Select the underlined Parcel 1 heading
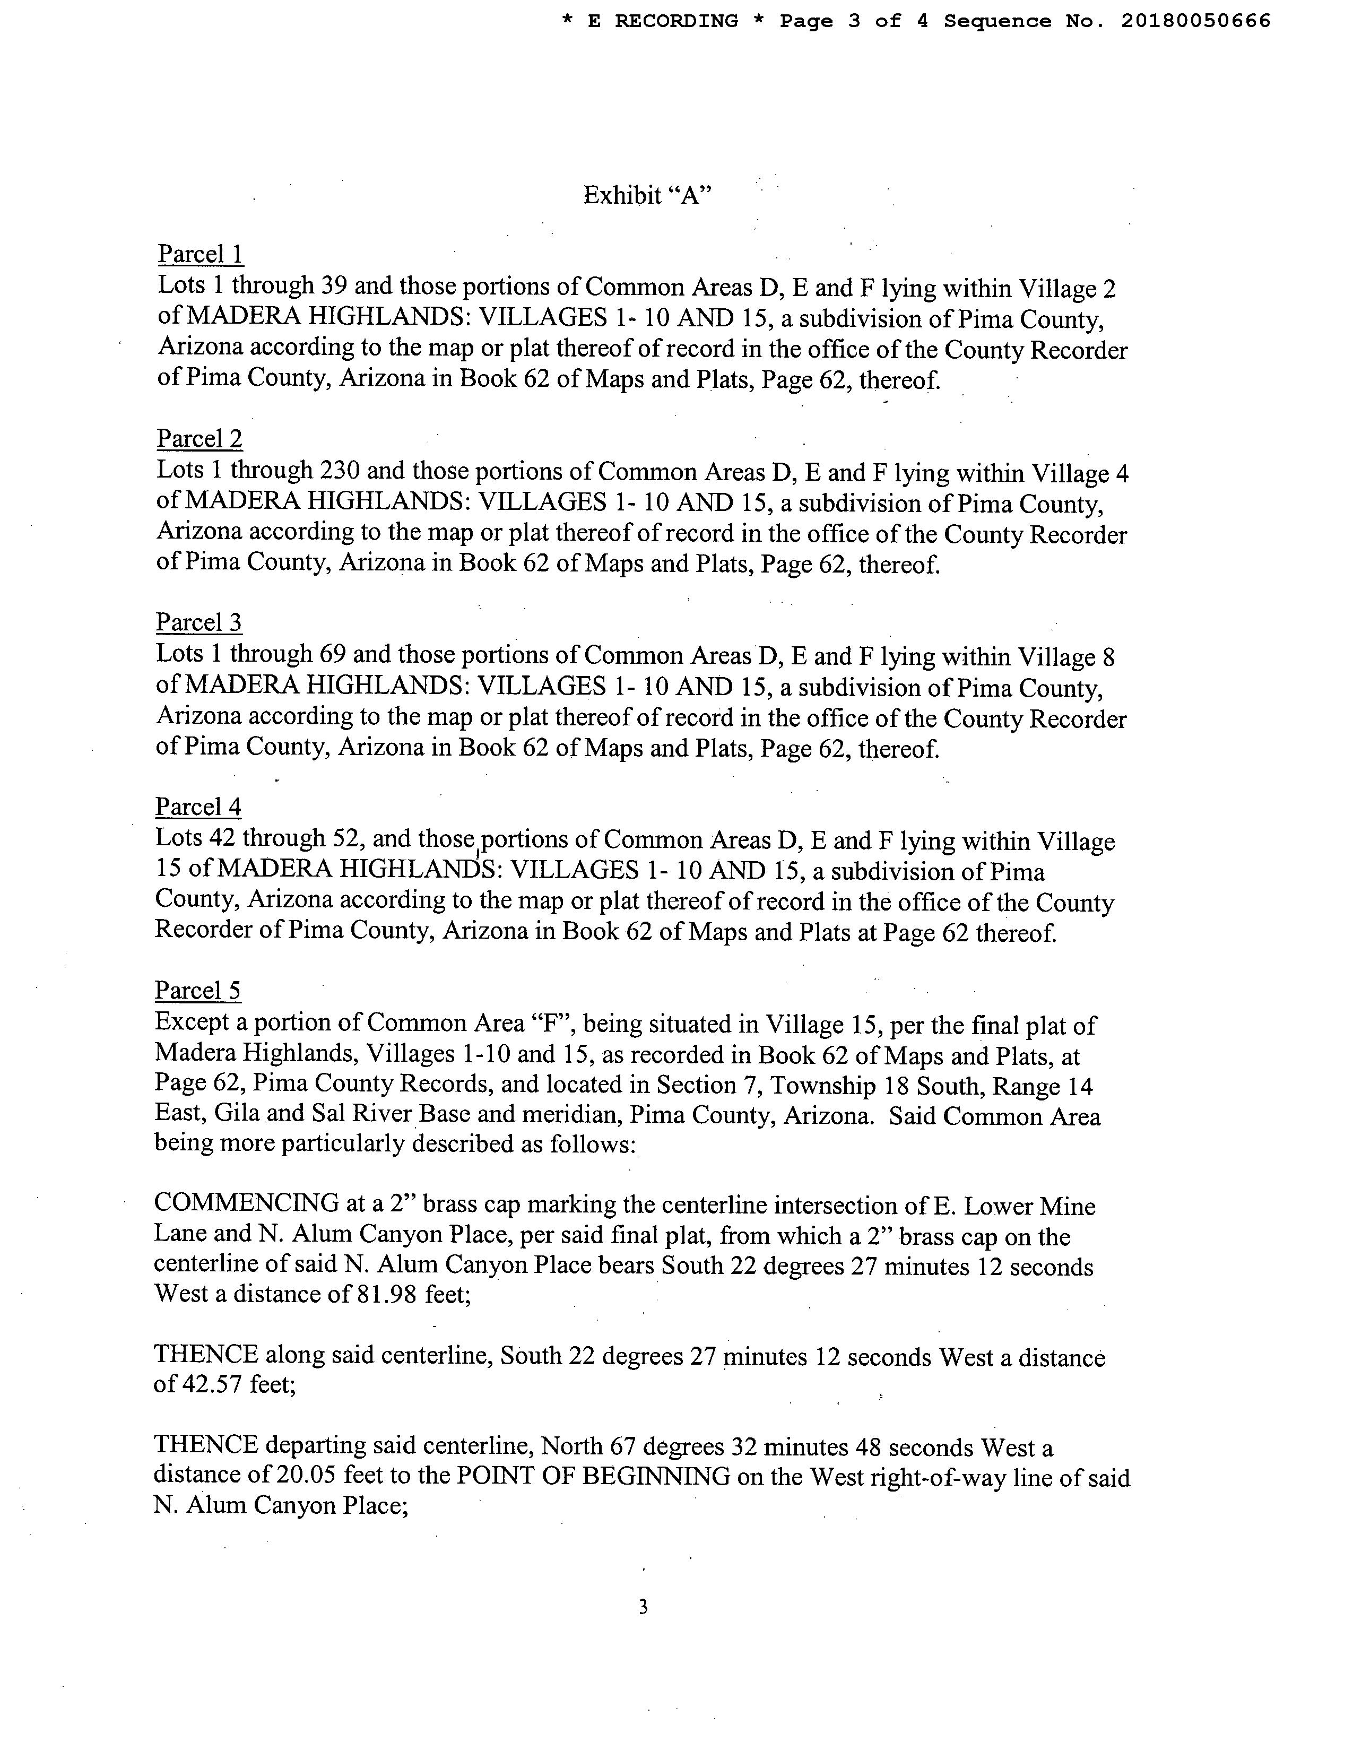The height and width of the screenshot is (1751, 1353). [201, 254]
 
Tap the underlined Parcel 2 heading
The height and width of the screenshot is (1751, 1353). [200, 439]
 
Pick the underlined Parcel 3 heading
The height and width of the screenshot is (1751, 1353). [199, 622]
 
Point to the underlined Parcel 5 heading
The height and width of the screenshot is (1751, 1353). [198, 991]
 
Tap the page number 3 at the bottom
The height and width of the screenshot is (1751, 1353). [643, 1607]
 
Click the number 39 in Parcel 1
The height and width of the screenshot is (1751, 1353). [333, 286]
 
